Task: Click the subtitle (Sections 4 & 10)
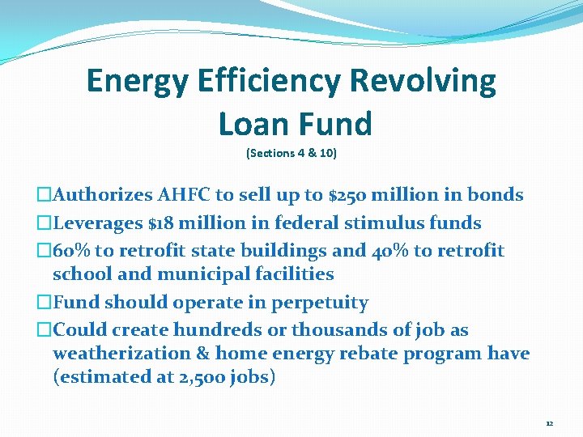point(291,153)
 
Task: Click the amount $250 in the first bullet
point(348,195)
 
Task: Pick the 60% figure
point(67,251)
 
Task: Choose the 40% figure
point(390,251)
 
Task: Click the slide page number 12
point(550,423)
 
